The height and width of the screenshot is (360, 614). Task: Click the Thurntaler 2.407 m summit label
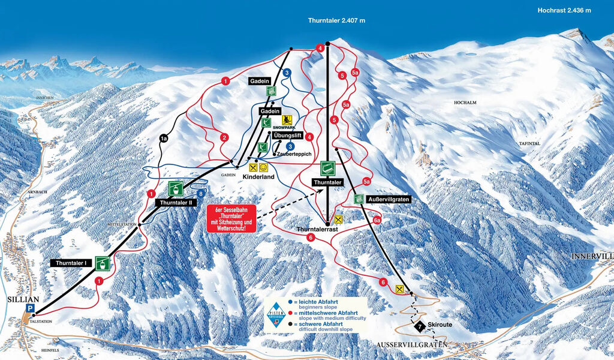[336, 20]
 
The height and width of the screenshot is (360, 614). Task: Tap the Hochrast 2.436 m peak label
[564, 10]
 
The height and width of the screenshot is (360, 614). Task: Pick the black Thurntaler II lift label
[176, 203]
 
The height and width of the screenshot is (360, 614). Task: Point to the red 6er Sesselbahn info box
[231, 219]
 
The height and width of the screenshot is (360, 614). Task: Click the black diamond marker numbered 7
[420, 326]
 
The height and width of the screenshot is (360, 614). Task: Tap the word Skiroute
[441, 325]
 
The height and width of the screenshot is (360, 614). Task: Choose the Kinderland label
[258, 178]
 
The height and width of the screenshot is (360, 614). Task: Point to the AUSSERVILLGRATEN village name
[413, 344]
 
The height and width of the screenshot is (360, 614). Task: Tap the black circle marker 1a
[164, 139]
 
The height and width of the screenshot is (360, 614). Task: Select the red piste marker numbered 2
[224, 138]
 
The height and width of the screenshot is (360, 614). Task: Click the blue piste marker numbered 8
[201, 194]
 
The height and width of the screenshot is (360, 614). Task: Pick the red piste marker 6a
[377, 221]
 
